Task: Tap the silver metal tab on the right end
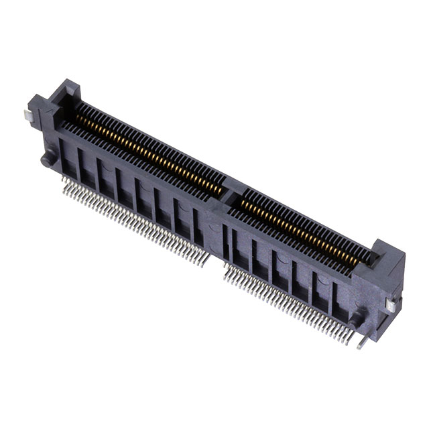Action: point(391,304)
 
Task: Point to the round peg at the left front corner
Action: point(46,160)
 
